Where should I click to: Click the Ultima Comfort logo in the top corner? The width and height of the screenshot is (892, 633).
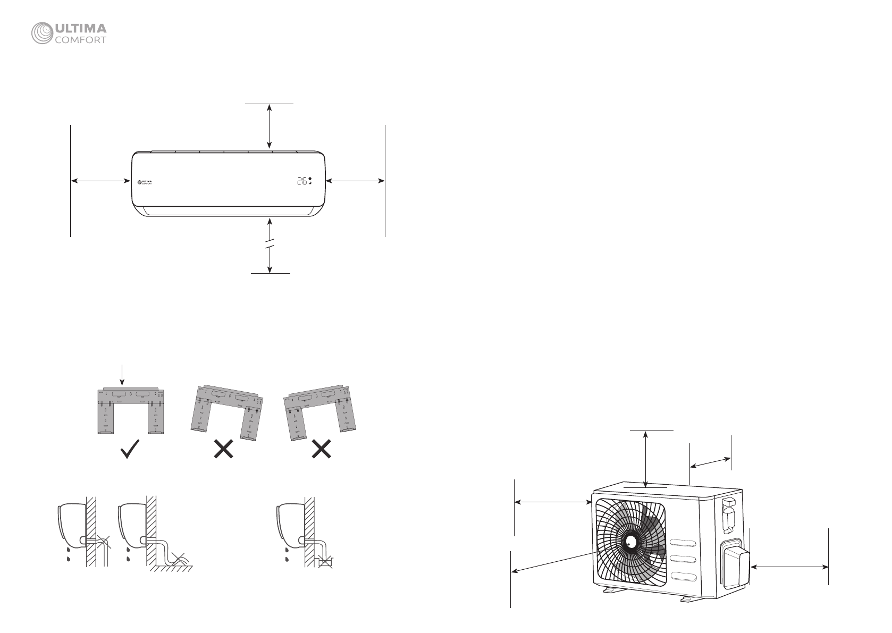[x=69, y=34]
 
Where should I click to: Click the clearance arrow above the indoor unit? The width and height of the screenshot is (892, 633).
[x=270, y=126]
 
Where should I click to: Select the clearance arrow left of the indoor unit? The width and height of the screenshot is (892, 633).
[x=101, y=181]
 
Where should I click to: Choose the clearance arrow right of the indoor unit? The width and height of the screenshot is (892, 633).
[x=355, y=181]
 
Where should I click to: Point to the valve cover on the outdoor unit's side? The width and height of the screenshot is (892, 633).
[x=735, y=563]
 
